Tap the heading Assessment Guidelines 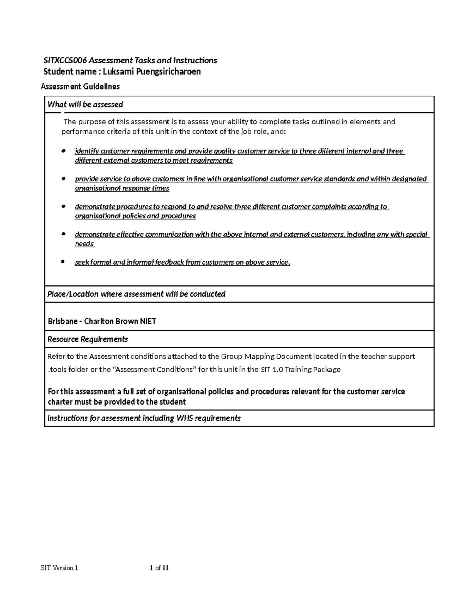(x=80, y=87)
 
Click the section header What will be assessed (x=85, y=105)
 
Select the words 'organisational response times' (x=122, y=188)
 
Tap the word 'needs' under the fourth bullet (x=84, y=244)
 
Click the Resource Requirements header (x=88, y=339)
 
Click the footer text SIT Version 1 (x=59, y=568)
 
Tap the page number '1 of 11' (x=159, y=568)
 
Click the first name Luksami (x=116, y=72)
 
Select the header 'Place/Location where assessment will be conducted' (x=136, y=294)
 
